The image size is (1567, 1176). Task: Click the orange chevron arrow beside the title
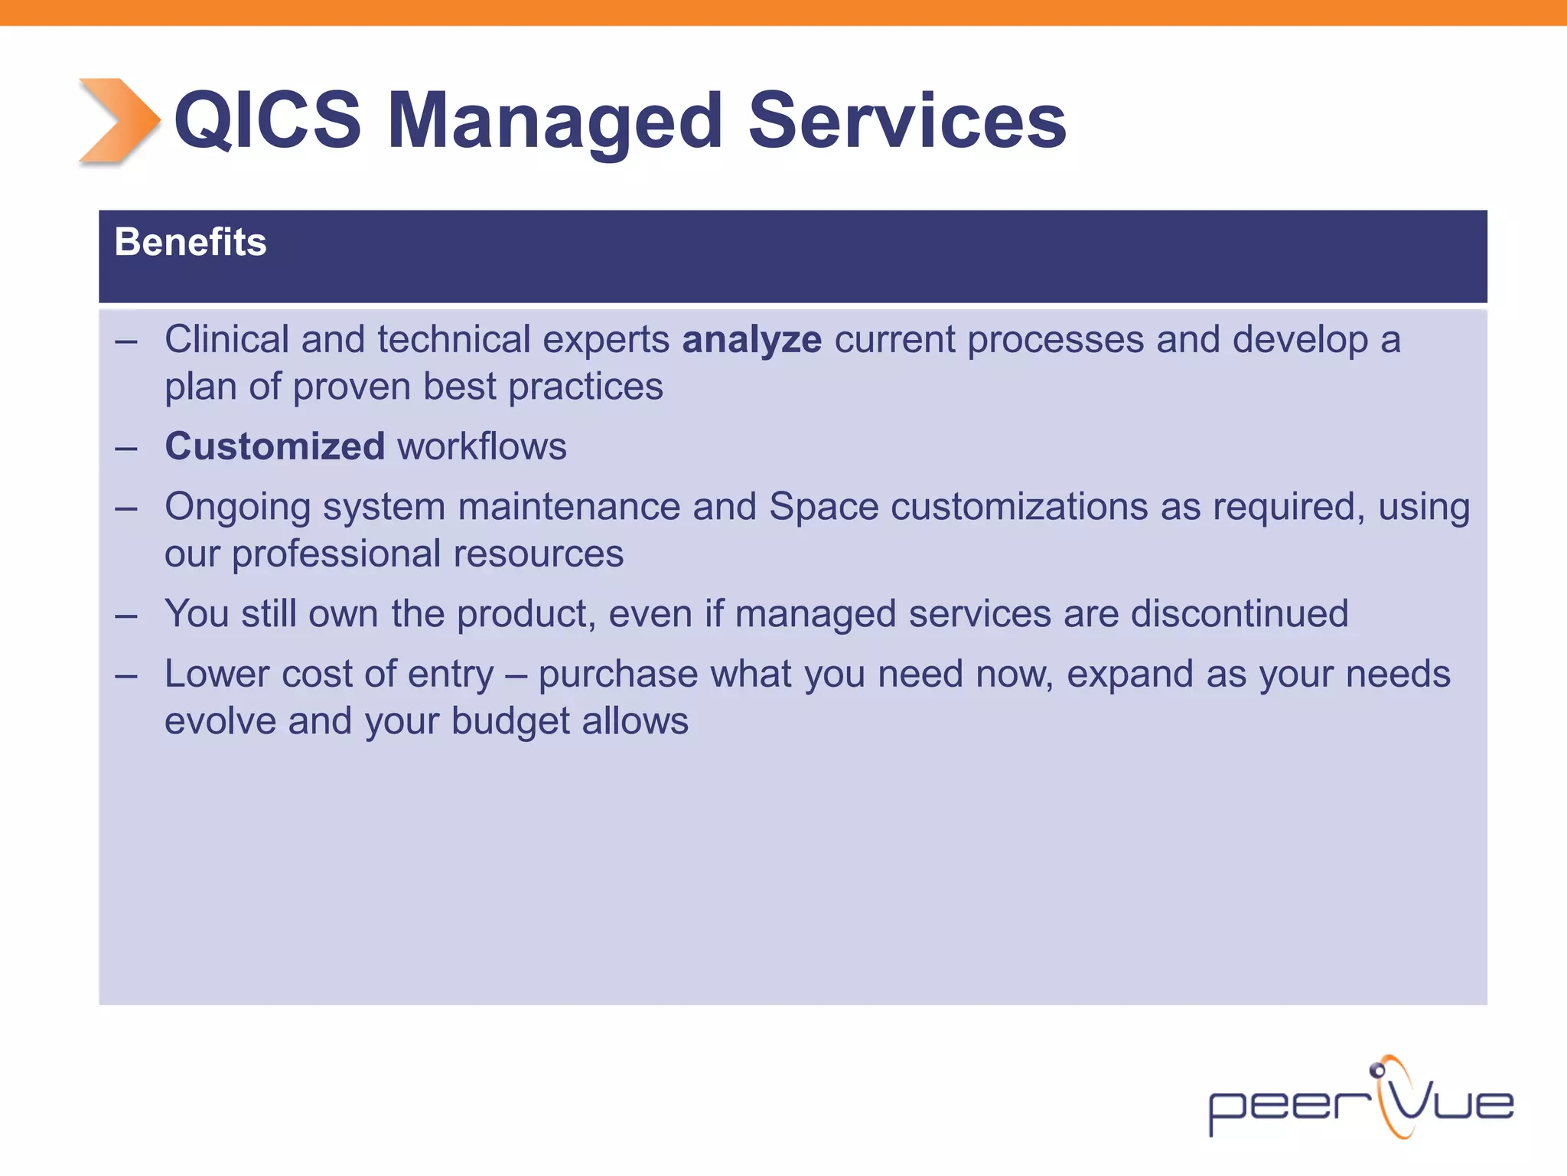click(x=119, y=120)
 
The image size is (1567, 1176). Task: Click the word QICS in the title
click(x=267, y=120)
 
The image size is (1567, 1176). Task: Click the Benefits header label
click(x=190, y=242)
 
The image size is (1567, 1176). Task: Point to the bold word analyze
click(x=751, y=340)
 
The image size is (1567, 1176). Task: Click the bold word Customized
click(x=275, y=446)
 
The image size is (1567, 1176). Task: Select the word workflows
click(x=482, y=446)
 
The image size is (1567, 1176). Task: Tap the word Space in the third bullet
click(x=823, y=507)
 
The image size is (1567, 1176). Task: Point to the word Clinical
click(x=226, y=339)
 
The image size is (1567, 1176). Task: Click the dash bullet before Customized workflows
click(x=126, y=449)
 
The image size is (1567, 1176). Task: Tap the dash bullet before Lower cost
click(x=126, y=676)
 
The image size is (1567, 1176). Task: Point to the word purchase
click(x=618, y=675)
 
